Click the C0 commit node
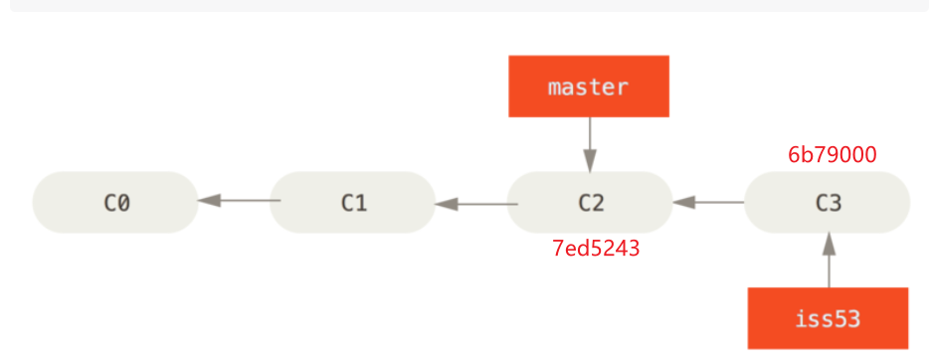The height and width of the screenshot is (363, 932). coord(116,202)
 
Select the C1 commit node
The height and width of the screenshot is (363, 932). coord(353,202)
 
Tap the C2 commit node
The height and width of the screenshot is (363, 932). coord(591,202)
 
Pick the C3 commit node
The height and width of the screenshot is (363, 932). coord(828,202)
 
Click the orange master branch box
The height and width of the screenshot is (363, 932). coord(589,87)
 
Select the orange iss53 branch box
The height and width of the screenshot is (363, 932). coord(828,318)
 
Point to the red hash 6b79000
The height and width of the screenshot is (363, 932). coord(832,155)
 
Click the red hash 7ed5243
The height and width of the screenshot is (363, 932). coord(596,249)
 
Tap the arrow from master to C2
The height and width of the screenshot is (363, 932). coord(590,143)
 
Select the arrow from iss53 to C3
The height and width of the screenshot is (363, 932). coord(828,261)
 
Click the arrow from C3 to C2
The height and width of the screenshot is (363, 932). coord(708,202)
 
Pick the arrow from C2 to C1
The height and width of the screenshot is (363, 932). coord(475,203)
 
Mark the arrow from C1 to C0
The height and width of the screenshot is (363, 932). coord(239,201)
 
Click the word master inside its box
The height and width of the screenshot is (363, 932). coord(589,87)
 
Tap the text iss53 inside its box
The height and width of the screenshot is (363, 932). coord(828,319)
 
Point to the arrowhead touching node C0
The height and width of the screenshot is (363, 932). coord(209,201)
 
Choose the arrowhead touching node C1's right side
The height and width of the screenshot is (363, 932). coord(447,203)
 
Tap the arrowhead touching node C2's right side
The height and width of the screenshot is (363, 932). coord(683,202)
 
